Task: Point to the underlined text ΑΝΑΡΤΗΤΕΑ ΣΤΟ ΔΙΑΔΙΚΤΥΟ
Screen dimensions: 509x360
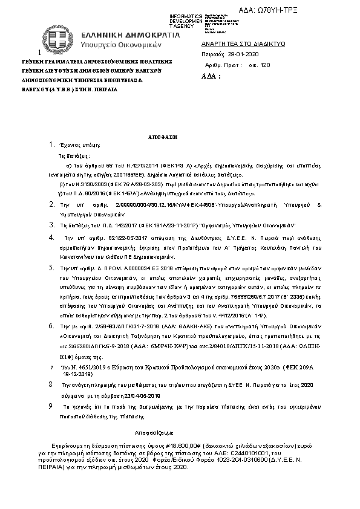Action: click(235, 45)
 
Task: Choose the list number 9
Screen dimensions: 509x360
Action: click(51, 407)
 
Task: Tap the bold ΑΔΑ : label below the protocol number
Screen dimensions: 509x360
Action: click(211, 77)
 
